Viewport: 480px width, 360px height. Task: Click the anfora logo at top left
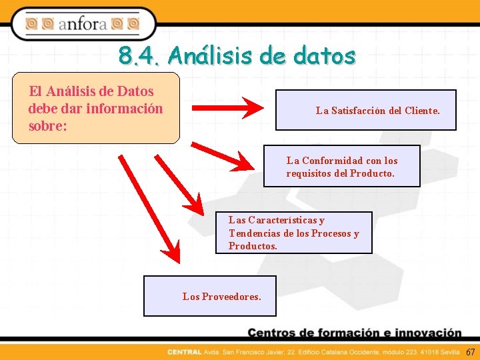tap(83, 25)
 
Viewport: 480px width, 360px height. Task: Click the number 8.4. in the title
tap(139, 56)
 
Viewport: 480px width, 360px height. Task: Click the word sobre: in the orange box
tap(47, 125)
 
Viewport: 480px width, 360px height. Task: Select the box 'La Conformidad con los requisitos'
tap(342, 166)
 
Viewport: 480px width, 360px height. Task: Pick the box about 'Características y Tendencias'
tap(293, 233)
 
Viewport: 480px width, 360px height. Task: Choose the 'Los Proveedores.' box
tap(209, 295)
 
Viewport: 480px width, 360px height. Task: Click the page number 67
tap(470, 352)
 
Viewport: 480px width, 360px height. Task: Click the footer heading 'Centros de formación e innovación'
tap(355, 333)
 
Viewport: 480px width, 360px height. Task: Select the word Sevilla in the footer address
tap(449, 352)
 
